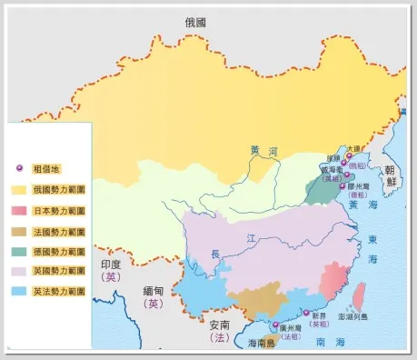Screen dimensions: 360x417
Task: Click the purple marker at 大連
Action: [349, 155]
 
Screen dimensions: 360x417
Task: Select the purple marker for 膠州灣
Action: [343, 186]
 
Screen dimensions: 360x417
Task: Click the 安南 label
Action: [220, 323]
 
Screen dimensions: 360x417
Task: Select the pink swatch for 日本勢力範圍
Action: [19, 211]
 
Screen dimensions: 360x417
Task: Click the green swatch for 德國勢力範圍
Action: [19, 251]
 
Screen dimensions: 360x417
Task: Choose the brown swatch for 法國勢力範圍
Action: [19, 231]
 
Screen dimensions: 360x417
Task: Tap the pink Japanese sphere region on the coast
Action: [333, 276]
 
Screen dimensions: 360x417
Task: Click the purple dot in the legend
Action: [19, 170]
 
